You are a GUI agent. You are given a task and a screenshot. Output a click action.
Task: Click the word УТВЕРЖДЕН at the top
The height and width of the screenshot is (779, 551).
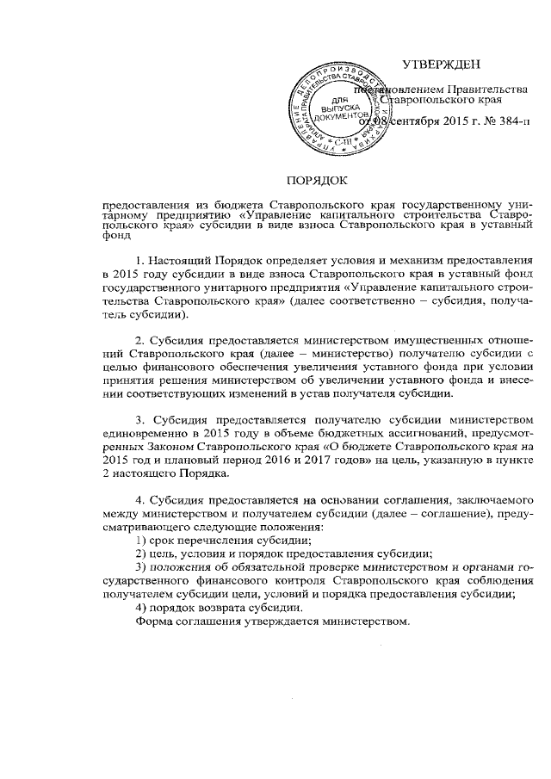click(x=442, y=65)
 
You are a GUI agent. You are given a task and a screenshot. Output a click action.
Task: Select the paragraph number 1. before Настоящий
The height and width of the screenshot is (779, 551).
click(x=141, y=260)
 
